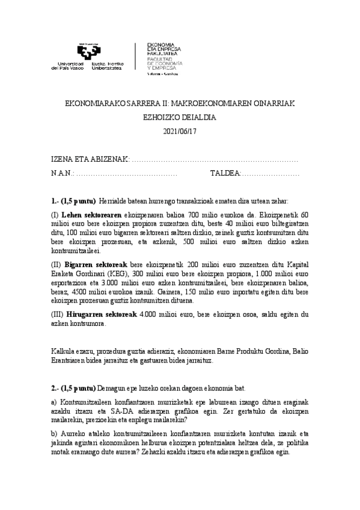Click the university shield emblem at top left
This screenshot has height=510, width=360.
point(88,52)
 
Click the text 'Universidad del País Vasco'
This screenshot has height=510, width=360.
point(70,66)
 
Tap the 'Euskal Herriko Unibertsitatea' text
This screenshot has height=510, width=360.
point(108,66)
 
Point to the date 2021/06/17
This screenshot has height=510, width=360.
point(179,131)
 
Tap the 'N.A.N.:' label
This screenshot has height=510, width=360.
point(62,173)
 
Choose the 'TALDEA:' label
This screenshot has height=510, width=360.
point(225,173)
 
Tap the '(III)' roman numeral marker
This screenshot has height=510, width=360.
point(59,314)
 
